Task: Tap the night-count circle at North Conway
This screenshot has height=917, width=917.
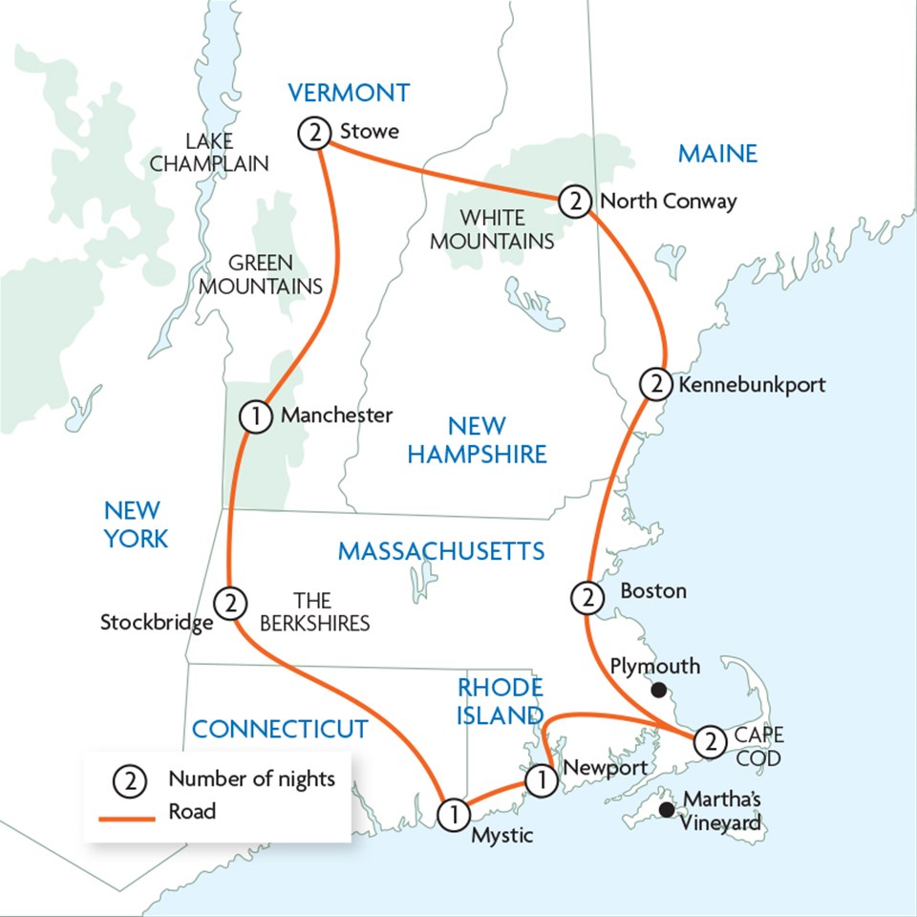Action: [573, 201]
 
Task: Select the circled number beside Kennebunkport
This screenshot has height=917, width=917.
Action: [654, 384]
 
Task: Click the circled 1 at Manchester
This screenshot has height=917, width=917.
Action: [253, 416]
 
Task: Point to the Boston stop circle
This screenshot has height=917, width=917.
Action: [586, 599]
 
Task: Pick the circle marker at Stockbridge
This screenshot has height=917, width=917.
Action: [229, 603]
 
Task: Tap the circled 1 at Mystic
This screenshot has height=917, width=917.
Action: [453, 814]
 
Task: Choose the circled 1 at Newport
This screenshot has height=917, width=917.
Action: [541, 780]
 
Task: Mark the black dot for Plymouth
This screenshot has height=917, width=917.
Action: [658, 690]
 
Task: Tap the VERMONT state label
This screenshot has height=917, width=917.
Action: [349, 93]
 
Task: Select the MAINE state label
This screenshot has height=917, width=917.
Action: [716, 153]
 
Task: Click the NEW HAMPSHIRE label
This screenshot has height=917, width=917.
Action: [477, 439]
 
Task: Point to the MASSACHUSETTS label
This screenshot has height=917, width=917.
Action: [441, 551]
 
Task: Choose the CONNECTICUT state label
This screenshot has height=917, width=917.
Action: [280, 729]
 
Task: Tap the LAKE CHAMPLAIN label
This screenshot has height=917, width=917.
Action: [209, 153]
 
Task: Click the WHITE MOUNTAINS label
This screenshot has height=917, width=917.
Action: [492, 229]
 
